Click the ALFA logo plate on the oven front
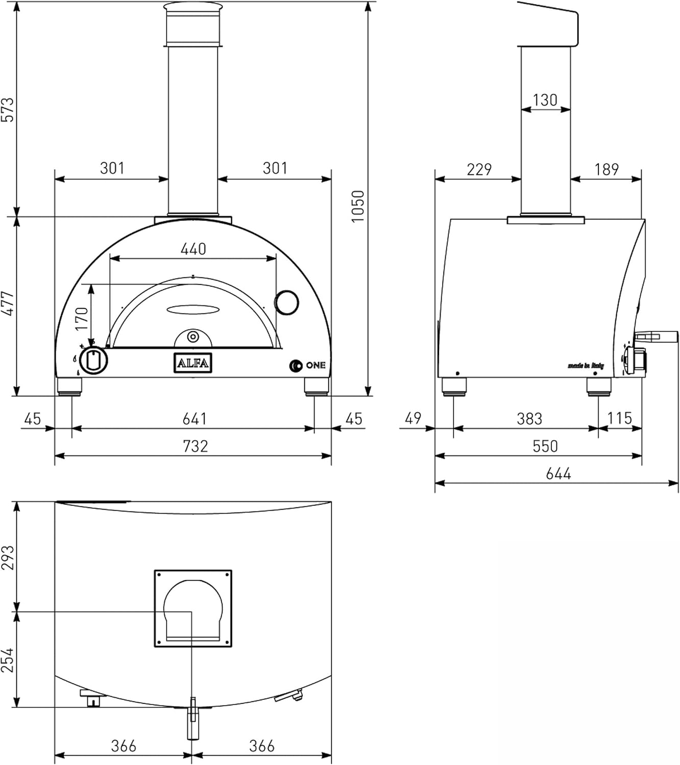pyautogui.click(x=192, y=363)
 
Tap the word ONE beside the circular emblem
pyautogui.click(x=315, y=365)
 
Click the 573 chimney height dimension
pyautogui.click(x=8, y=109)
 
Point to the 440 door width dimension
pyautogui.click(x=193, y=249)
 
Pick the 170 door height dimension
pyautogui.click(x=81, y=317)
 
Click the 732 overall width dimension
pyautogui.click(x=196, y=446)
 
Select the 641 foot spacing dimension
pyautogui.click(x=195, y=419)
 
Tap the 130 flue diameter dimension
pyautogui.click(x=545, y=100)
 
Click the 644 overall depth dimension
pyautogui.click(x=558, y=474)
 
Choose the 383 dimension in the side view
pyautogui.click(x=529, y=419)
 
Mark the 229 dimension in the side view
pyautogui.click(x=479, y=169)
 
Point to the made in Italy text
pyautogui.click(x=586, y=366)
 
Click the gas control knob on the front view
pyautogui.click(x=94, y=361)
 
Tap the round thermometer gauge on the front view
pyautogui.click(x=286, y=302)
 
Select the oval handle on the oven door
pyautogui.click(x=193, y=309)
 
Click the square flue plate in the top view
pyautogui.click(x=193, y=608)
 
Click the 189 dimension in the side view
pyautogui.click(x=606, y=169)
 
